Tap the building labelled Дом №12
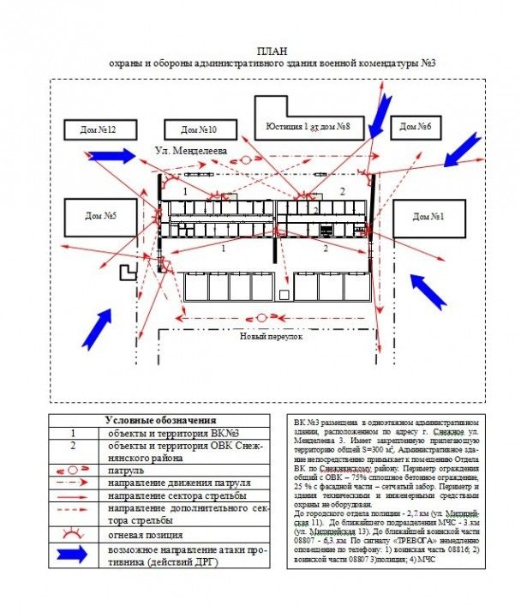coord(98,129)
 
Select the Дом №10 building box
coord(198,129)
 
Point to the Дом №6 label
coord(415,128)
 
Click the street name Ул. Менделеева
coord(190,150)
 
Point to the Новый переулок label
coord(272,337)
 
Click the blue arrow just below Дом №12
coord(111,155)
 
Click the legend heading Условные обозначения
coord(160,420)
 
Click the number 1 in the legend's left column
coord(74,434)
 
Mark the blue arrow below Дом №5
coord(99,327)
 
